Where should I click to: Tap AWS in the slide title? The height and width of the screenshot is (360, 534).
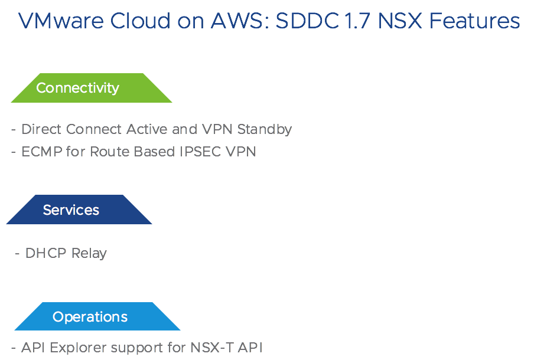click(x=242, y=21)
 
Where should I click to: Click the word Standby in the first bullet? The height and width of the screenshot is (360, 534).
click(x=265, y=129)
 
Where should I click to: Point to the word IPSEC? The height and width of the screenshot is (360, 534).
click(x=200, y=152)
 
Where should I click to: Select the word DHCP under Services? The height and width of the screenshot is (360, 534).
click(x=46, y=253)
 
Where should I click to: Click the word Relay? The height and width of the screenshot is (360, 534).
click(x=89, y=253)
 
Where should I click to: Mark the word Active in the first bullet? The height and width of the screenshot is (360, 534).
click(x=147, y=129)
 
